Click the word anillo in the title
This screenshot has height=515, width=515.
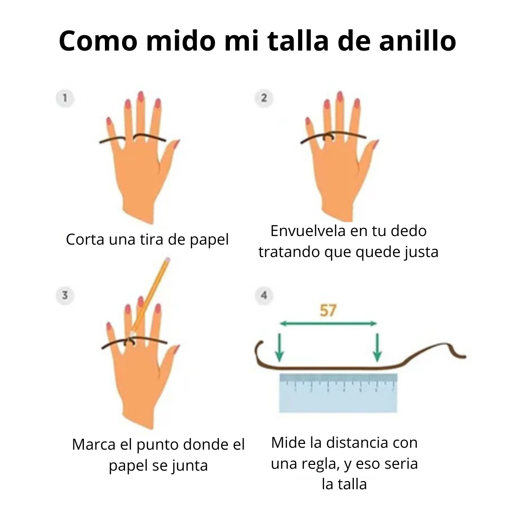click(417, 41)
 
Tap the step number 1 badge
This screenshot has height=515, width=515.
click(65, 98)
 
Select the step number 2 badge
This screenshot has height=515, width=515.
click(264, 98)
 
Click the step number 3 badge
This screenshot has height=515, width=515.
click(65, 295)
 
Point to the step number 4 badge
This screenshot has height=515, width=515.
click(264, 295)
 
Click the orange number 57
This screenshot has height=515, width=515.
click(328, 310)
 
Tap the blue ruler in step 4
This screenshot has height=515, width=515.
click(338, 393)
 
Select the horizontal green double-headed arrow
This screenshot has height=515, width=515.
click(328, 324)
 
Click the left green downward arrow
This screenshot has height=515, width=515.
click(279, 347)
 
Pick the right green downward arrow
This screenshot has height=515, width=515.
click(377, 347)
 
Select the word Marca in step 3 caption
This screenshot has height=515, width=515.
click(93, 444)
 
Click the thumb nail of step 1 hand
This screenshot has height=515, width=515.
click(176, 144)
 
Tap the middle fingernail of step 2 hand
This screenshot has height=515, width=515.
click(340, 96)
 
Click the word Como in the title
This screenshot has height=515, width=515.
click(98, 41)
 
